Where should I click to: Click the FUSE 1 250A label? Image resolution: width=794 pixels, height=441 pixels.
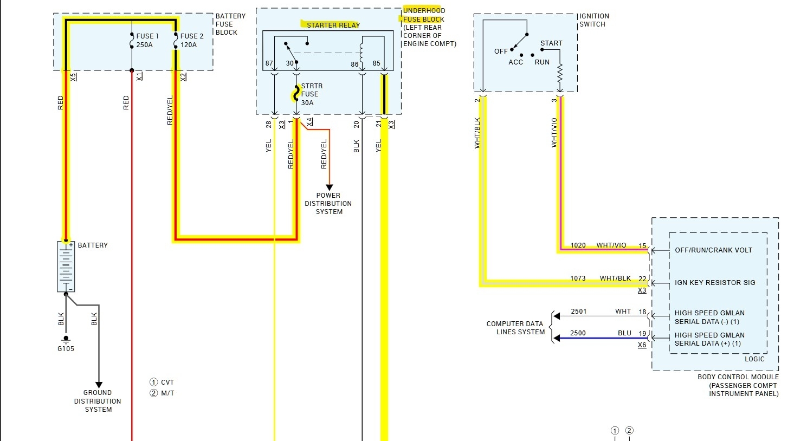coord(147,41)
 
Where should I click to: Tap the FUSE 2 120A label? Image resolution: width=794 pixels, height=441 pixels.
coord(191,41)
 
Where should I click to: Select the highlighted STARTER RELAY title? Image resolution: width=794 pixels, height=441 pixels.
coord(333,25)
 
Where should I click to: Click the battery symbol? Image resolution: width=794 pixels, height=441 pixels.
coord(66,267)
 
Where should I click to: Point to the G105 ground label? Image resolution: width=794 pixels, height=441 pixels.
coord(66,348)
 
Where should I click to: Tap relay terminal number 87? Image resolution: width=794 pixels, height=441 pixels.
coord(269,63)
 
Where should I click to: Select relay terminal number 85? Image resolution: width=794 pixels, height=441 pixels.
coord(376,63)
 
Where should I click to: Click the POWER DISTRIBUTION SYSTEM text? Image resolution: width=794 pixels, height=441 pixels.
coord(328,204)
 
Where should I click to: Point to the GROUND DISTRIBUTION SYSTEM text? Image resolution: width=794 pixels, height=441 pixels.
coord(98,401)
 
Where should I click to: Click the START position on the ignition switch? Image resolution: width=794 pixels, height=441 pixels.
coord(551,43)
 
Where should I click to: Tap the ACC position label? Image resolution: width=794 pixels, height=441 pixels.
coord(515,62)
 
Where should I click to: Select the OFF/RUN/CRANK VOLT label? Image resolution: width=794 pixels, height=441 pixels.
coord(713,250)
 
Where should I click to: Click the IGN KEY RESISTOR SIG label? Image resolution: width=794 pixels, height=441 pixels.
coord(714,282)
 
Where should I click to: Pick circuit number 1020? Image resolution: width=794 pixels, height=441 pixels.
coord(578,245)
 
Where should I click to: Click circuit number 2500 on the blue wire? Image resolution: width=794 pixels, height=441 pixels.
coord(578,333)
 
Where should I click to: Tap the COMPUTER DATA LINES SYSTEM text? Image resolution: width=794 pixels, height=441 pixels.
coord(515,328)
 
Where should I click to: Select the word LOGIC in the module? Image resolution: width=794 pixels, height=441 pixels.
coord(754,359)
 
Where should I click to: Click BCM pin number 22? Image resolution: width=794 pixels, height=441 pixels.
coord(642,278)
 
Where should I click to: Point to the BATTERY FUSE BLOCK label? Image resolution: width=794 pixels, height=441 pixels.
coord(230,24)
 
